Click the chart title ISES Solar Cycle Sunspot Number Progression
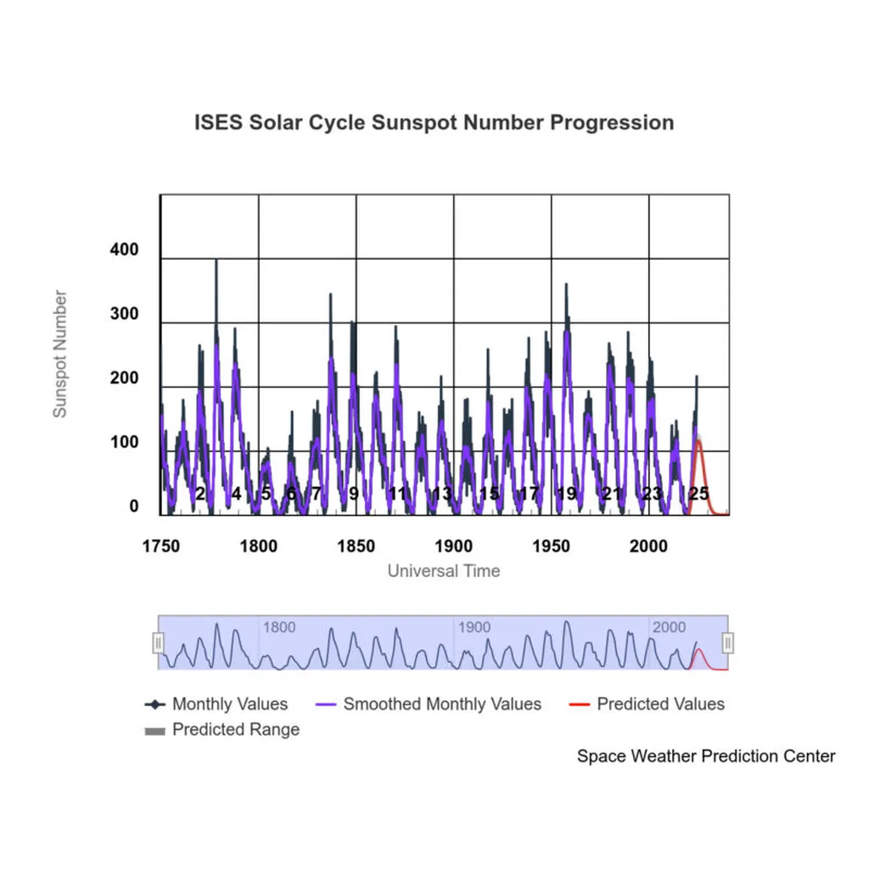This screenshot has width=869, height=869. pyautogui.click(x=434, y=122)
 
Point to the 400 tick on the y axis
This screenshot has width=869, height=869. pyautogui.click(x=124, y=251)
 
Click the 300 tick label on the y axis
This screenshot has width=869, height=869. pyautogui.click(x=124, y=315)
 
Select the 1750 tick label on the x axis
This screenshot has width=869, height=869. pyautogui.click(x=160, y=546)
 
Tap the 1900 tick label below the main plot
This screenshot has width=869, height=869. pyautogui.click(x=454, y=546)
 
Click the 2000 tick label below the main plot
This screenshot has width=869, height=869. pyautogui.click(x=649, y=546)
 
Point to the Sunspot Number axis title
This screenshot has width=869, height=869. pyautogui.click(x=60, y=354)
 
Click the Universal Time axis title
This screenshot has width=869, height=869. pyautogui.click(x=444, y=571)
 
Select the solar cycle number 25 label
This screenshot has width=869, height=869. pyautogui.click(x=698, y=494)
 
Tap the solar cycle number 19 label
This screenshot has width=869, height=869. pyautogui.click(x=567, y=494)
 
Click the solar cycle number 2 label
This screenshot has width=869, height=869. pyautogui.click(x=200, y=494)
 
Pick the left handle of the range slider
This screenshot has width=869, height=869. pyautogui.click(x=158, y=643)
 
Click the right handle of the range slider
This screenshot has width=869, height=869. pyautogui.click(x=728, y=643)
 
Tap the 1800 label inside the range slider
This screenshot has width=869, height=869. pyautogui.click(x=279, y=628)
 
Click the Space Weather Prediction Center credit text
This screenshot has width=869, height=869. pyautogui.click(x=706, y=756)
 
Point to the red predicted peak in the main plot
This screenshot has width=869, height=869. pyautogui.click(x=699, y=440)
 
